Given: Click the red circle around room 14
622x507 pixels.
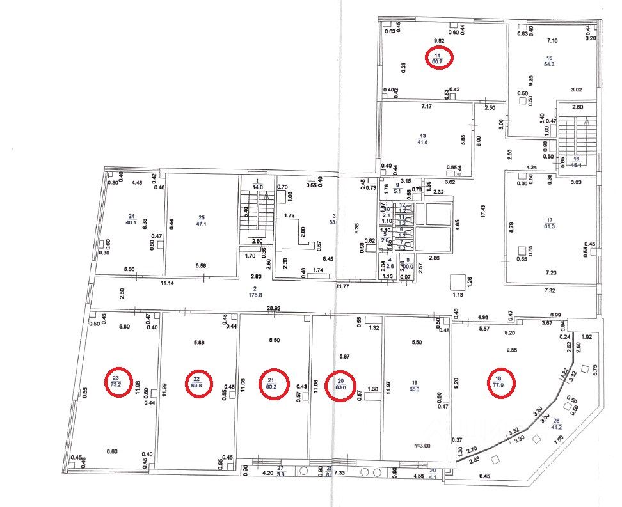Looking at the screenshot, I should [440, 58].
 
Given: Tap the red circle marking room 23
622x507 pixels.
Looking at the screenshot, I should [116, 382].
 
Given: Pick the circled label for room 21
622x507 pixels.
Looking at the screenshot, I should [269, 383].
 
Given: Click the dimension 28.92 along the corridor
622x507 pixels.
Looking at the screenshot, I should [273, 309].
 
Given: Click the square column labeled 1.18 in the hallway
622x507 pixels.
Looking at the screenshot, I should [458, 282].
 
